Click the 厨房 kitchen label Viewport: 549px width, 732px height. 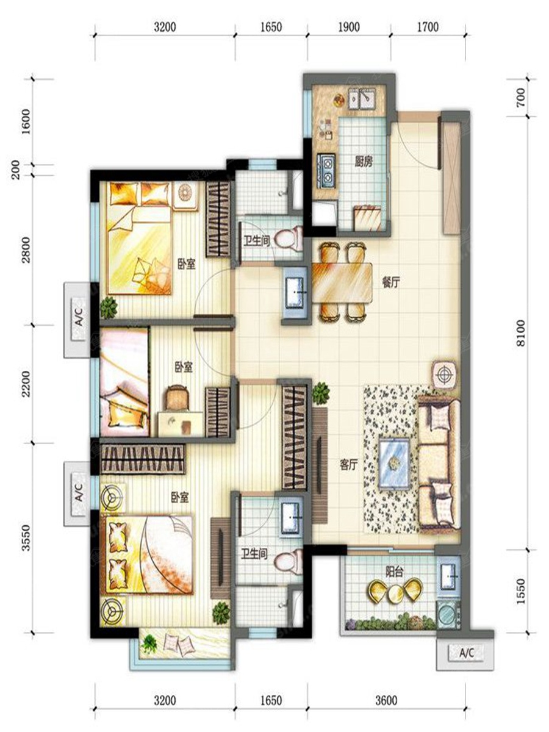point(364,163)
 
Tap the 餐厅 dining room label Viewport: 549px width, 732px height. point(390,283)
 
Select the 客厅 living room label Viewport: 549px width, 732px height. point(349,465)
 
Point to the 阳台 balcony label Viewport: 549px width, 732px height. point(395,572)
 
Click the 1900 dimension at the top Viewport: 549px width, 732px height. point(349,27)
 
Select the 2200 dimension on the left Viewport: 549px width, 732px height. point(26,384)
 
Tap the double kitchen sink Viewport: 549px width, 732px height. point(362,98)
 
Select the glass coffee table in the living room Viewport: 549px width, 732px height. point(395,465)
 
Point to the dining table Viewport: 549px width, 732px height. point(342,284)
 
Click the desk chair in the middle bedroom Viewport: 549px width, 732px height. point(176,397)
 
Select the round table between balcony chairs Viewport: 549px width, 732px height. point(395,592)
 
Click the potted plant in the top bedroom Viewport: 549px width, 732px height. point(109,306)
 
